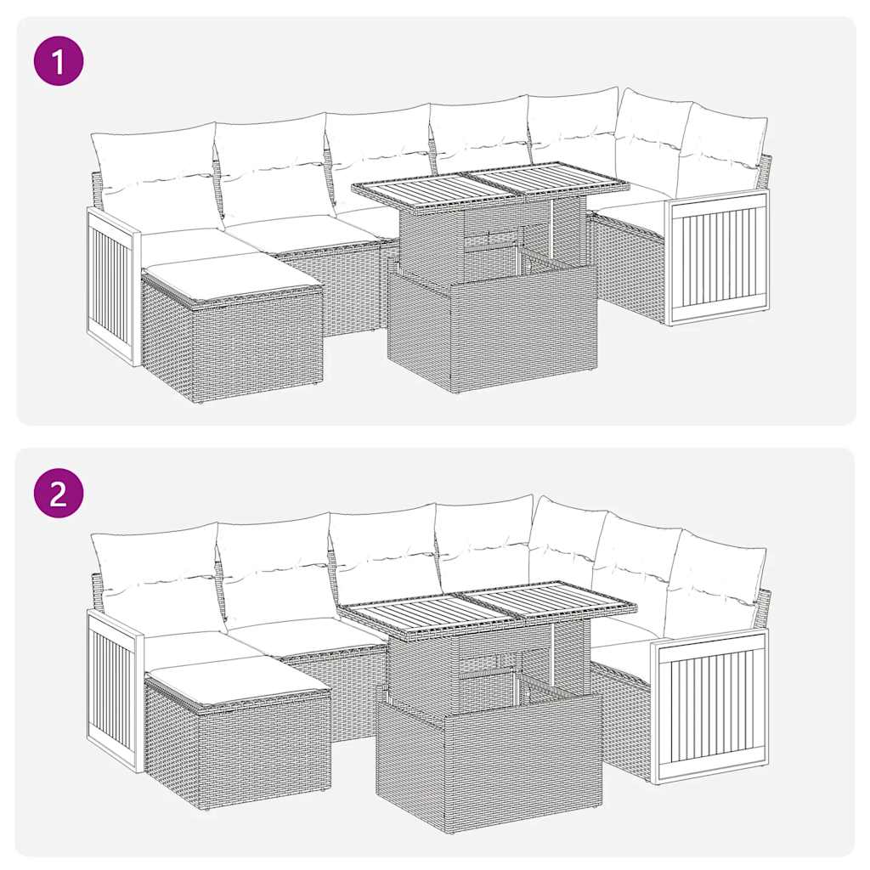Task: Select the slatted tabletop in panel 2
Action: click(488, 607)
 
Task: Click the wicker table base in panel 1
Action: click(493, 331)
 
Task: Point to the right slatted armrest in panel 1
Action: click(719, 258)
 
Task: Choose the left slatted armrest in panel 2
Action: click(112, 688)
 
